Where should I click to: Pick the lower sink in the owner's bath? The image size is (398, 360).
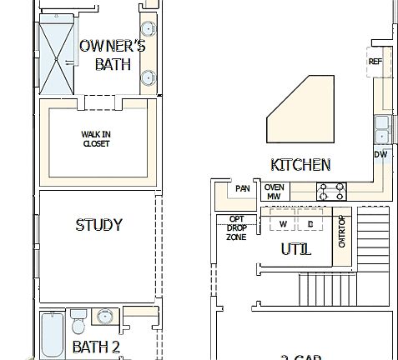(148, 79)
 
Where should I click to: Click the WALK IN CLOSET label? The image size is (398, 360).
(96, 138)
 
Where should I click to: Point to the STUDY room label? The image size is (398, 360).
(98, 225)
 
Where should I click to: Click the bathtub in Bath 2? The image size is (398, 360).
(52, 337)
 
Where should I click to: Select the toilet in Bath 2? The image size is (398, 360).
(78, 320)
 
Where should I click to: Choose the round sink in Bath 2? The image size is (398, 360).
(106, 317)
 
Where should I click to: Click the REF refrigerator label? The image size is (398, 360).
(375, 62)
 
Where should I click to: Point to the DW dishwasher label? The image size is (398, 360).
(380, 154)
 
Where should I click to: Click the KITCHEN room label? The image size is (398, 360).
(300, 165)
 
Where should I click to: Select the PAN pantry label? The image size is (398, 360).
(242, 189)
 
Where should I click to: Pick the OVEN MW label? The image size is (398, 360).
(274, 192)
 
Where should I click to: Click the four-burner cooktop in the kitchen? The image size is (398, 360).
(331, 192)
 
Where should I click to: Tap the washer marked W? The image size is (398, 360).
(283, 224)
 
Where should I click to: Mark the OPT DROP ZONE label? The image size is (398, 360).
(236, 228)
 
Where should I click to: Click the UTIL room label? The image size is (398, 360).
(295, 249)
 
